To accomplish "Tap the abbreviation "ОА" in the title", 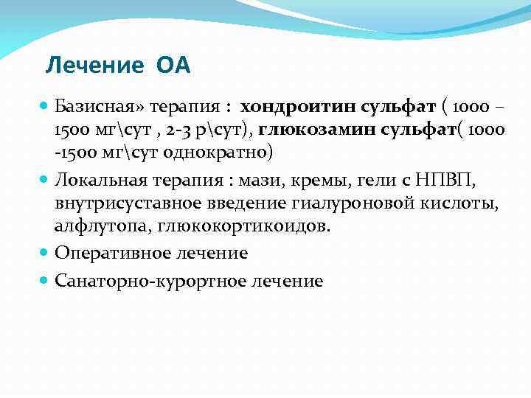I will pyautogui.click(x=173, y=66).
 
